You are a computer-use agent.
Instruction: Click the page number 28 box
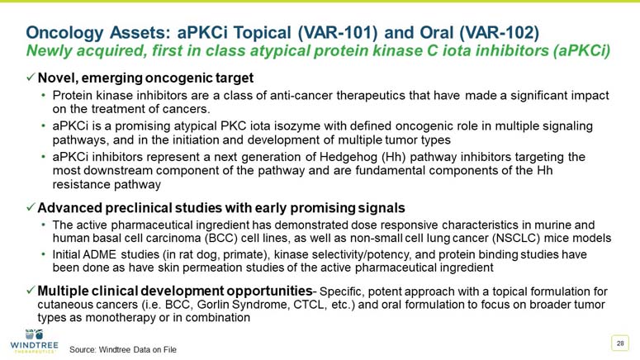pos(619,343)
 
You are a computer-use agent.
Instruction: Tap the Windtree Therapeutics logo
pos(33,342)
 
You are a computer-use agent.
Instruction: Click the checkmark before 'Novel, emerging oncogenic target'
pos(30,78)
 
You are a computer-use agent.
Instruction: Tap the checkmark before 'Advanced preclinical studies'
pos(30,206)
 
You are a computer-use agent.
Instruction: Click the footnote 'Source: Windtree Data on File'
pos(123,349)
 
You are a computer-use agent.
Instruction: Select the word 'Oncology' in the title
pos(66,32)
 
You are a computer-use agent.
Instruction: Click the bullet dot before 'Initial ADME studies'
pos(44,255)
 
